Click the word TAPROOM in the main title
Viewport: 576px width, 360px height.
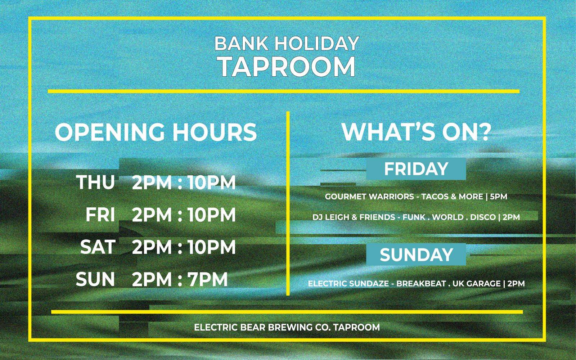tap(288, 66)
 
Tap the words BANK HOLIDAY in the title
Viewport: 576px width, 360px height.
tap(287, 44)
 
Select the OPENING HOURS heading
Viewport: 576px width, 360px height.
tap(156, 132)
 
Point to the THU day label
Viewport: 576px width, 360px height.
tap(95, 182)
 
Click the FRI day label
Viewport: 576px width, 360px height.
tap(100, 215)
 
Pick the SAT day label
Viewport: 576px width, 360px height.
tap(98, 247)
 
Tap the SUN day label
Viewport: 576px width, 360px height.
tap(95, 279)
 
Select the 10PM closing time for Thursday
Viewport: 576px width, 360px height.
tap(212, 182)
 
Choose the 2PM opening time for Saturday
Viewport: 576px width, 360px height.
tap(152, 247)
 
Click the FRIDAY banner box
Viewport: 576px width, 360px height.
tap(416, 169)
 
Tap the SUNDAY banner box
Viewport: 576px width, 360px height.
tap(416, 254)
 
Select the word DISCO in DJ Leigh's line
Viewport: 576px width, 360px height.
tap(483, 217)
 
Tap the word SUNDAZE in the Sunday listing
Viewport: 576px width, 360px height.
tap(369, 284)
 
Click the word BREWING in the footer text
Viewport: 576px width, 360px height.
tap(290, 327)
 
